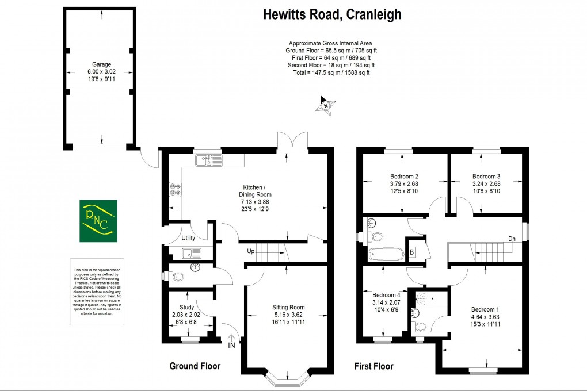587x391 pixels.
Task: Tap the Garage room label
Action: tap(101, 64)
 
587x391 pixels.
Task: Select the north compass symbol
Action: tap(326, 105)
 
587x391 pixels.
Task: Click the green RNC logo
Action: tap(97, 220)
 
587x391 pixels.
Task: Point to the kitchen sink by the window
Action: tap(208, 160)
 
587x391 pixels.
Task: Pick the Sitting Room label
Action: tap(288, 307)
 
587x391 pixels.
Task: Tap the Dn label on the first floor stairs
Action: tap(512, 239)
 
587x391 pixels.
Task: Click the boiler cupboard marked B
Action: tap(412, 251)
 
